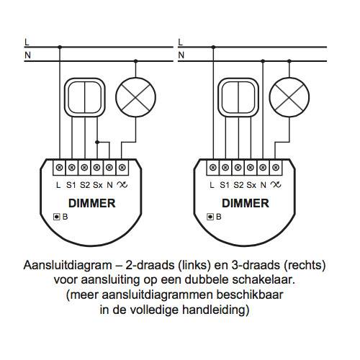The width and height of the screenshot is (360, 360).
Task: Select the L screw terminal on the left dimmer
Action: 59,167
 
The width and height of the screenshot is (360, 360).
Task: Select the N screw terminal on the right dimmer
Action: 263,167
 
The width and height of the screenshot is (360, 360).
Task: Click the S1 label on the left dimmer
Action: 71,185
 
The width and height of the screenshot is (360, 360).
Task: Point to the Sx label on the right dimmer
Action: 251,185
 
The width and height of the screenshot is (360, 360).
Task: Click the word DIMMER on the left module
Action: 91,203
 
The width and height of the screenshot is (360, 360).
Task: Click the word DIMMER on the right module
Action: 246,203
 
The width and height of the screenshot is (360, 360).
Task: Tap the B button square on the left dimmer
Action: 56,217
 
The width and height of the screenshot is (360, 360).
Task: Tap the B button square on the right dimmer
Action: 210,217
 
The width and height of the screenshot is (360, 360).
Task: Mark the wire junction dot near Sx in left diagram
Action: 97,143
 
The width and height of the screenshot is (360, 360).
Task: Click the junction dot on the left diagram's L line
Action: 60,48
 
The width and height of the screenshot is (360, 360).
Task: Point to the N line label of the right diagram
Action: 181,55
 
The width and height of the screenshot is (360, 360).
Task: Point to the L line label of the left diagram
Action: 27,42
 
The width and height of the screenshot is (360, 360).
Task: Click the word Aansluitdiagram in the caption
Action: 68,266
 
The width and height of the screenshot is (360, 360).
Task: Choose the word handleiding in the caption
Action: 215,310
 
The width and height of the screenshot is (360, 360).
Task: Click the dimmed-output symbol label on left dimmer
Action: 122,185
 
